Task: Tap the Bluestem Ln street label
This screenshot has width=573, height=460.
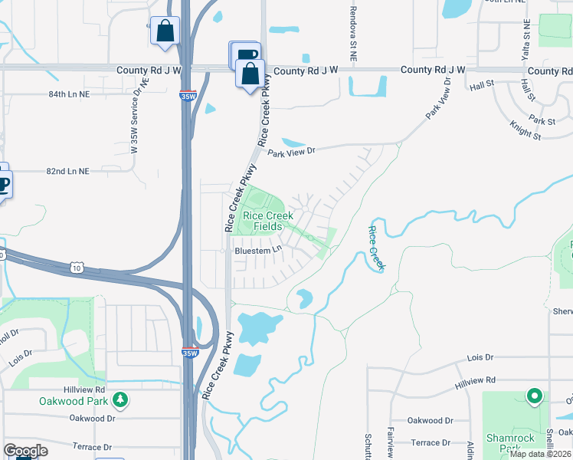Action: (259, 249)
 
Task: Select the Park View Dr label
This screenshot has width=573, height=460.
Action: (291, 152)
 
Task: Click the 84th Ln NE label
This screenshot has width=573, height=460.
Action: (69, 94)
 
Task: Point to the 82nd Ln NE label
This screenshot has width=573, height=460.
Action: (69, 171)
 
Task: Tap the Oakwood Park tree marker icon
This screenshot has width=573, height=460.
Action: (120, 399)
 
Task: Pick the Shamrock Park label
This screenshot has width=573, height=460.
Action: (510, 443)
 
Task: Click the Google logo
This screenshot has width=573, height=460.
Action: (25, 451)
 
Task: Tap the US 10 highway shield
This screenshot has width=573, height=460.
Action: (76, 267)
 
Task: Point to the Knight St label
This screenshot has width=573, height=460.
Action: (526, 129)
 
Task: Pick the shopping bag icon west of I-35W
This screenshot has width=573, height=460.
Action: (165, 32)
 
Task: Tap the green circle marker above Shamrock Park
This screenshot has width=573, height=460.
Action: (534, 396)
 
